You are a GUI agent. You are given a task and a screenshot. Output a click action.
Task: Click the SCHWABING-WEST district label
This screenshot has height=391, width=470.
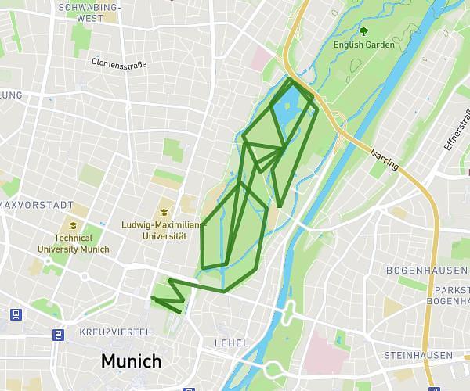point(90,12)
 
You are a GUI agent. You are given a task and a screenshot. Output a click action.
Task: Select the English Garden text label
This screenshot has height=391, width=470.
point(364,45)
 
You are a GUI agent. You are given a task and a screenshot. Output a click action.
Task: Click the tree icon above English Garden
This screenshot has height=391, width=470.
point(363,31)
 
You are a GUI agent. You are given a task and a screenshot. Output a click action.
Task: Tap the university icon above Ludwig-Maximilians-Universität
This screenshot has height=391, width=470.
point(164,212)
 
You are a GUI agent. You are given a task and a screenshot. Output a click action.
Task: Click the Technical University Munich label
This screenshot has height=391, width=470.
point(74,244)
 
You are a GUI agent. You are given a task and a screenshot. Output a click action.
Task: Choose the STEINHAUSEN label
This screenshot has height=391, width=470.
point(418,356)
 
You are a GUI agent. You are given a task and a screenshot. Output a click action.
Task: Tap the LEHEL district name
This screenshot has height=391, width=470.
point(231,343)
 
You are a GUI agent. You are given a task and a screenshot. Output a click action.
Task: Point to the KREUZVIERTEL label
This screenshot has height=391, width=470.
point(114,332)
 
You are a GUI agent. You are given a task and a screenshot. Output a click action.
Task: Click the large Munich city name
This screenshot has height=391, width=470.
point(131,361)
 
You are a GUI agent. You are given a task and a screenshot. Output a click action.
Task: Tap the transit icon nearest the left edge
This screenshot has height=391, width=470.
point(14,314)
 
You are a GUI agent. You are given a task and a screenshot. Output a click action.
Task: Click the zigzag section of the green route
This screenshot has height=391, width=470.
point(172,294)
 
